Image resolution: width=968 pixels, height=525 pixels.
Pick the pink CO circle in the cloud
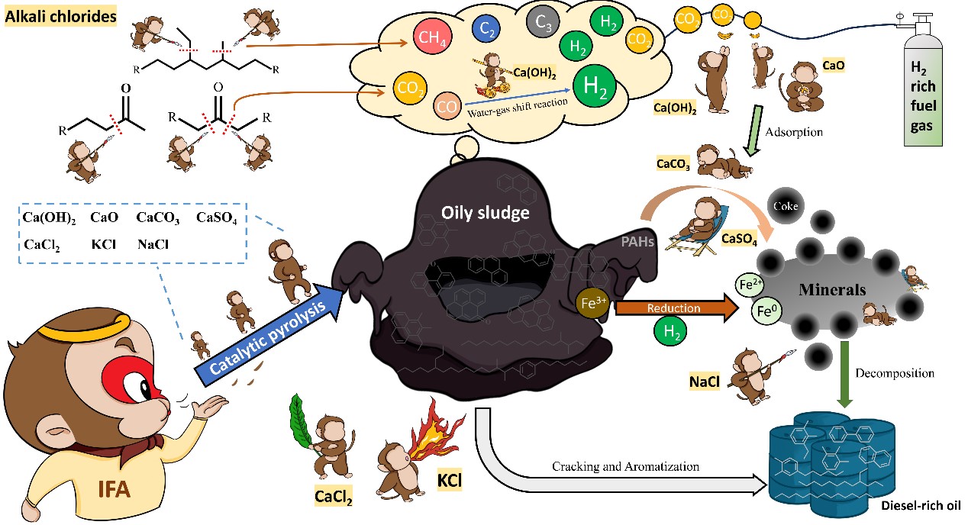(x=446, y=105)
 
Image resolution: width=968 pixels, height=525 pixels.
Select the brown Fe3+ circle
(x=594, y=301)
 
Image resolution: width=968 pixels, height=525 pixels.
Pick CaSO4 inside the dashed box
(x=218, y=221)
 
